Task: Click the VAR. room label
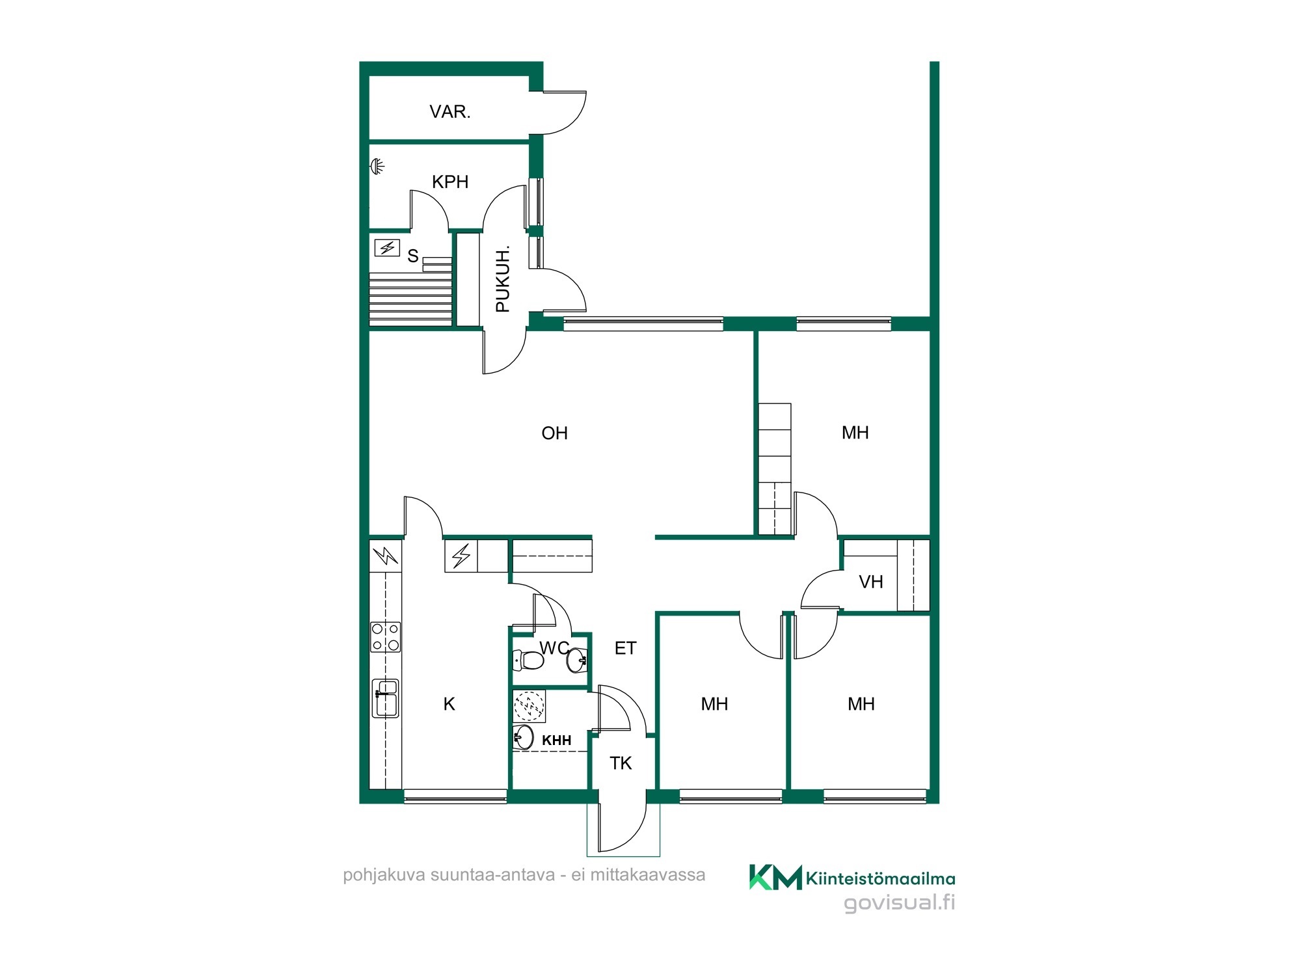coord(449,112)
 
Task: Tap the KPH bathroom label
coord(450,182)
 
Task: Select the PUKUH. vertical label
coord(503,279)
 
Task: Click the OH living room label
coord(554,433)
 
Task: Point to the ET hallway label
coord(625,648)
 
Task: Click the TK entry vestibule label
coord(621,763)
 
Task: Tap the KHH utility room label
coord(557,740)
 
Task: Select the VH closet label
coord(871,582)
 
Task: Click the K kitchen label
coord(449,704)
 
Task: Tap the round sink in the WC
coord(577,661)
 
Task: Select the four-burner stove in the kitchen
coord(386,637)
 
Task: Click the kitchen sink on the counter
coord(385,698)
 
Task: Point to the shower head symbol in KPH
coord(377,167)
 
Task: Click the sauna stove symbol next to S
coord(387,248)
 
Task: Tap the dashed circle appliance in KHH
coord(529,705)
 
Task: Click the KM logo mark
coord(775,877)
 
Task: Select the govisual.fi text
coord(900,903)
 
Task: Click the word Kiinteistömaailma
coord(881,879)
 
